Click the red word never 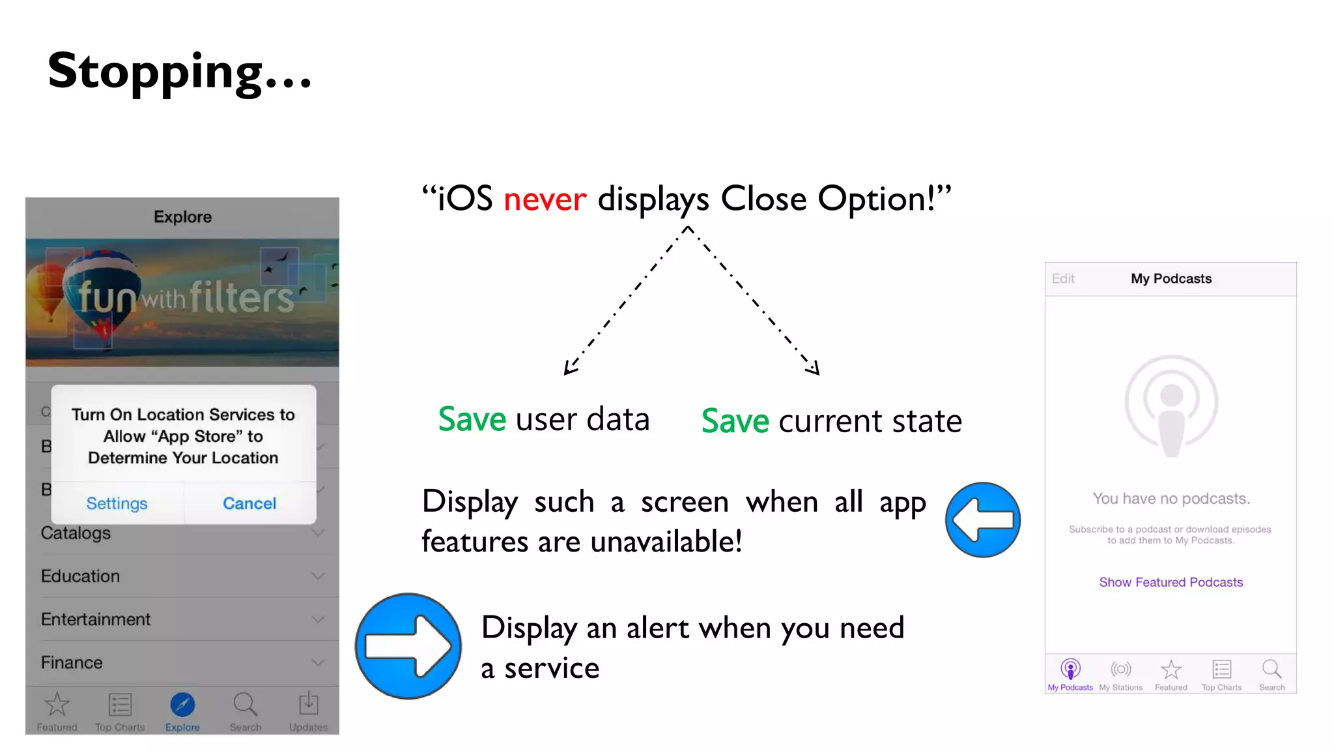pos(545,199)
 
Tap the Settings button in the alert pos(117,503)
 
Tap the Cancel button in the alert pos(249,503)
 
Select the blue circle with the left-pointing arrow pos(982,520)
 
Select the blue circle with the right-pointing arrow pos(408,645)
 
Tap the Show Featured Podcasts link pos(1171,582)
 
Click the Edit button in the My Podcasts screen pos(1063,279)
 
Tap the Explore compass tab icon pos(182,705)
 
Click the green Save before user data pos(472,419)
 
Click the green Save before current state pos(735,421)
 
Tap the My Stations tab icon pos(1120,670)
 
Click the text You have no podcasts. pos(1171,499)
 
